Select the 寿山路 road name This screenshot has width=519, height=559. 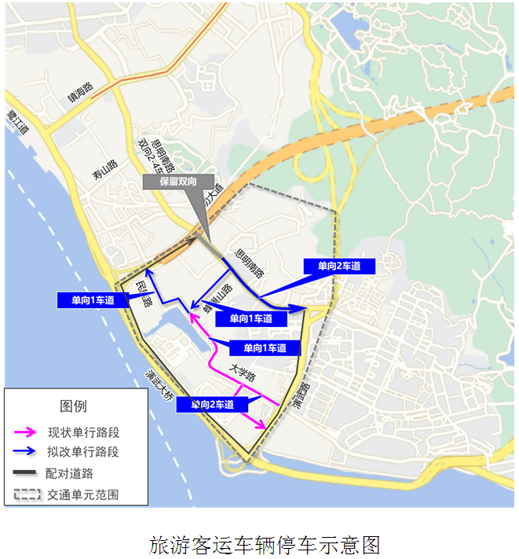tap(104, 170)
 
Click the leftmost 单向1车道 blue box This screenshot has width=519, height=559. tap(92, 299)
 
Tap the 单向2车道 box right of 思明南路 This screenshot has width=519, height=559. tap(339, 266)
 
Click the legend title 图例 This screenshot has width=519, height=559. tap(74, 406)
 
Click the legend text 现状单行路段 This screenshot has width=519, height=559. tap(83, 432)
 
